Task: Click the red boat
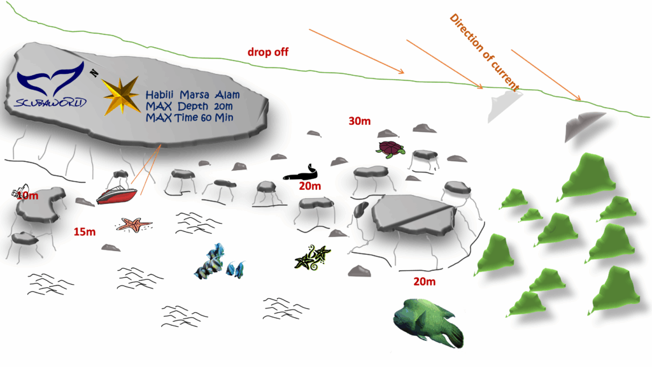click(117, 194)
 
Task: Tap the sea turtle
click(390, 149)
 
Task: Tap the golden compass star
click(121, 96)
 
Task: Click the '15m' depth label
click(84, 231)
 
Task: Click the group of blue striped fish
click(220, 261)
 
